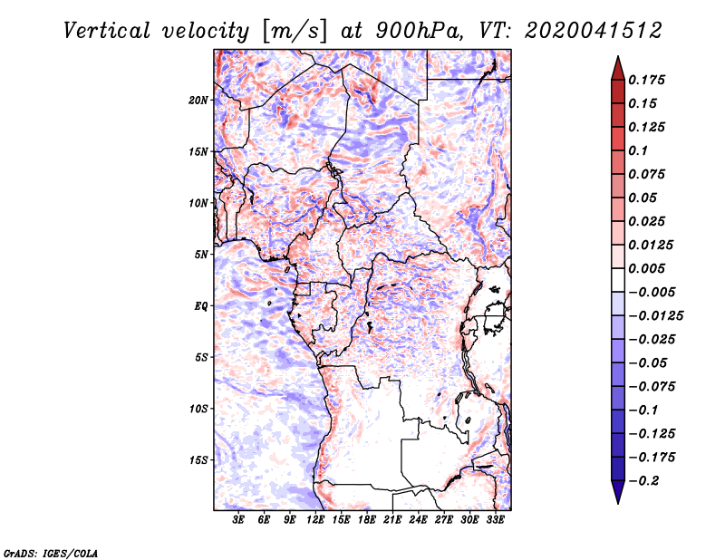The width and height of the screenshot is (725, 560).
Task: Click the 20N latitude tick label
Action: [198, 101]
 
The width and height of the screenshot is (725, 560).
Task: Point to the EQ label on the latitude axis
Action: [201, 306]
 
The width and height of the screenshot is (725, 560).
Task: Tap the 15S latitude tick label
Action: [198, 460]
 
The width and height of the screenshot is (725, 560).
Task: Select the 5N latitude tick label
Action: [201, 255]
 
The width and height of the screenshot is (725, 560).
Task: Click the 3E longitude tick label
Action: [238, 519]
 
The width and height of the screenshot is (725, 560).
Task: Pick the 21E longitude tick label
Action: [392, 519]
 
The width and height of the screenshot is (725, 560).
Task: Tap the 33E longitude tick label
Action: [495, 519]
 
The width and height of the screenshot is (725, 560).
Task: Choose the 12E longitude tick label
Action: [315, 519]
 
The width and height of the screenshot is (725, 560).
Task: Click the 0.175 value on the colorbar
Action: [647, 80]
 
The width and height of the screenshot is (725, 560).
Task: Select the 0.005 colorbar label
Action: [647, 268]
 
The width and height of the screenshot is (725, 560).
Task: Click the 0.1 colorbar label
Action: [638, 150]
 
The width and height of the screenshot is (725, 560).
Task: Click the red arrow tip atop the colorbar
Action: [618, 56]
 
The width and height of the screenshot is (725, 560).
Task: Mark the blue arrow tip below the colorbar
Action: [618, 503]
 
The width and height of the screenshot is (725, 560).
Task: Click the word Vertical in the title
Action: [107, 31]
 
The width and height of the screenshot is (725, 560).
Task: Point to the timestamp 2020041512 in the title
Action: [594, 31]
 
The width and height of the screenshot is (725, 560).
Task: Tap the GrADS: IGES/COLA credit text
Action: [51, 554]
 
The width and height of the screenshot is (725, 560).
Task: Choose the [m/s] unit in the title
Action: [295, 31]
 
